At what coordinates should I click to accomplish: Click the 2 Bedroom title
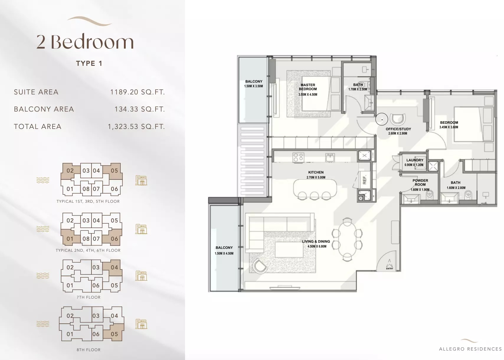click(x=85, y=42)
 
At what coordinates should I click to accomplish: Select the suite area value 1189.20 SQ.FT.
click(x=137, y=92)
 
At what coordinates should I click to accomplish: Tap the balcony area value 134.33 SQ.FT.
click(x=139, y=109)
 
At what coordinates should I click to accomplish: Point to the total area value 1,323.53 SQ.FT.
click(x=136, y=127)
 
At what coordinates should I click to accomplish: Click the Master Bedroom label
click(x=308, y=87)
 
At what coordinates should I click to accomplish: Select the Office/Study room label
click(x=398, y=129)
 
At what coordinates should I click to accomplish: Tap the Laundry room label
click(x=415, y=160)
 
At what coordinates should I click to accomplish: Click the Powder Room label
click(x=420, y=182)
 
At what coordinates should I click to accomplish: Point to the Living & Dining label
click(x=316, y=241)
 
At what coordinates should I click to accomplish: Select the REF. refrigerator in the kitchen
click(x=364, y=179)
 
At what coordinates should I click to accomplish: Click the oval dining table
click(x=347, y=239)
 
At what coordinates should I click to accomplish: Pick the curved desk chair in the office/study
click(x=398, y=119)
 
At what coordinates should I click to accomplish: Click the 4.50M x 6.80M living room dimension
click(x=317, y=246)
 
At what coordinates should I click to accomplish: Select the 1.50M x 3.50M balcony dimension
click(x=253, y=86)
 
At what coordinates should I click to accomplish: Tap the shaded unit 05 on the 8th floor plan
click(x=114, y=334)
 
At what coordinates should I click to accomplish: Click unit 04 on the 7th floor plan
click(x=114, y=267)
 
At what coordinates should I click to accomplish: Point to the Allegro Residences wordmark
click(x=470, y=349)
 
